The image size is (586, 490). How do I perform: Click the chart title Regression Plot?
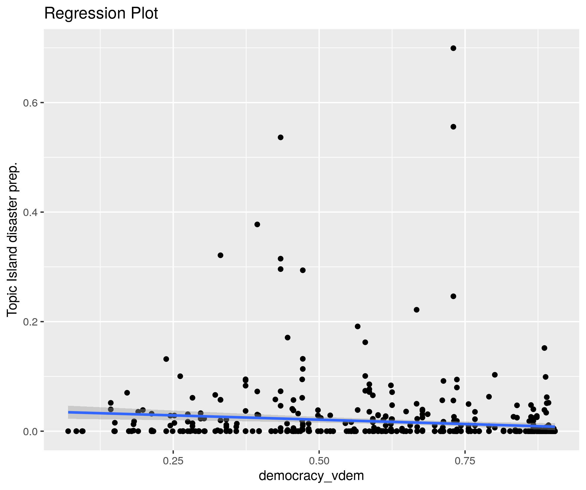(101, 14)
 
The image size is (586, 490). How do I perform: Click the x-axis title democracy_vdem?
(311, 476)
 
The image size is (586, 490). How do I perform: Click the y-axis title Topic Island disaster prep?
(13, 239)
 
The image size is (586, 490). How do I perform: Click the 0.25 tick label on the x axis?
(173, 461)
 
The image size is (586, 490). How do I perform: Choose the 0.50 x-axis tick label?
(319, 461)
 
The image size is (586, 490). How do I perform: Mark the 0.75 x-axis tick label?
(465, 461)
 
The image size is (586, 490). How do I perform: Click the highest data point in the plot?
(453, 48)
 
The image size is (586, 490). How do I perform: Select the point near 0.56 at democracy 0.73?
(453, 127)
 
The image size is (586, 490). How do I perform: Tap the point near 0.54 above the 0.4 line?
(281, 137)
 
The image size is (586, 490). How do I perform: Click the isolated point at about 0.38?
(257, 225)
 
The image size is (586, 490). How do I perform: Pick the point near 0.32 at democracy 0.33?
(221, 255)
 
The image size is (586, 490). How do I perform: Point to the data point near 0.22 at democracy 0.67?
(416, 310)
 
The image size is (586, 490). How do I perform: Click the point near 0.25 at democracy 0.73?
(453, 296)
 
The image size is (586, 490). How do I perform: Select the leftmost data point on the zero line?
(68, 431)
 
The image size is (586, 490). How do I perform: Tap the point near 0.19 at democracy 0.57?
(358, 326)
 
